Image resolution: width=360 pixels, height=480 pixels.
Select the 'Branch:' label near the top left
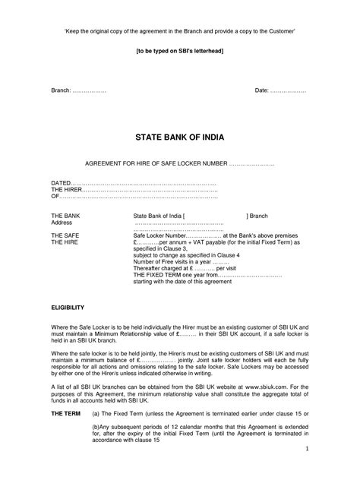(62, 90)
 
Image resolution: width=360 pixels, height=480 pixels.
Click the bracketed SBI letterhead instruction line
(179, 50)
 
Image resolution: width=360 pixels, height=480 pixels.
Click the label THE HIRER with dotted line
(67, 190)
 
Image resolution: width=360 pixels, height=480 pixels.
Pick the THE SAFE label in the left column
(65, 236)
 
